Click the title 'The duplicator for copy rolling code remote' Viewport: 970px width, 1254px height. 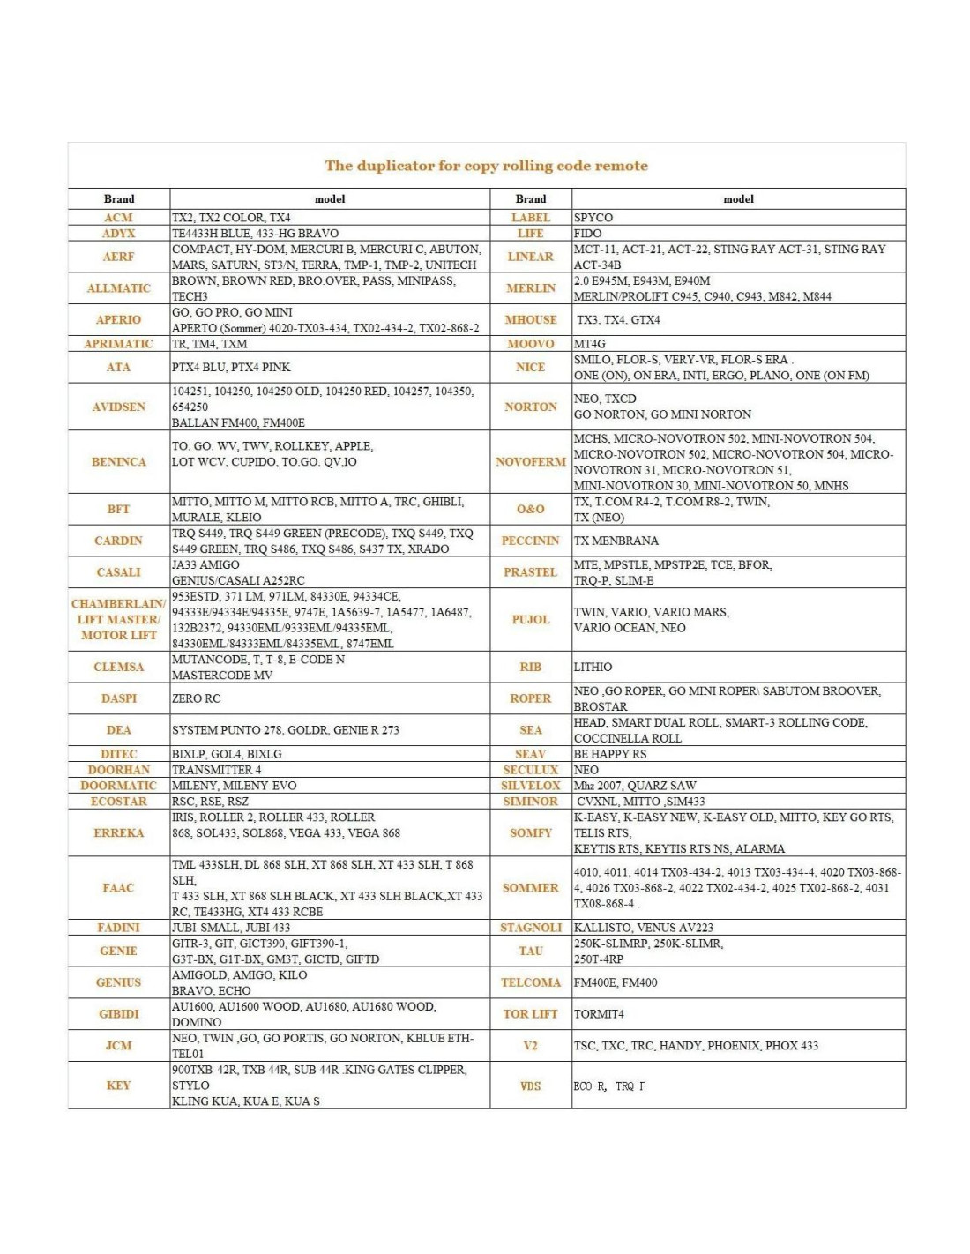coord(486,166)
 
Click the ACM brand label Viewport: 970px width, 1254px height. coord(118,218)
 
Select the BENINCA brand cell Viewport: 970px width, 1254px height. coord(118,461)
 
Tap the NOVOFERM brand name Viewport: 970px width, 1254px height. coord(530,461)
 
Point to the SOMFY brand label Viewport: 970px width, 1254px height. coord(530,832)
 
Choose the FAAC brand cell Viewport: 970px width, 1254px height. coord(118,887)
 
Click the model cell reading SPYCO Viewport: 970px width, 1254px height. coord(593,218)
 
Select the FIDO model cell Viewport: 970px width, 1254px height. coord(588,234)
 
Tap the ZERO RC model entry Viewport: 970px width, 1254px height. coord(197,698)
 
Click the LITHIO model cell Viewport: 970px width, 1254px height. coord(593,667)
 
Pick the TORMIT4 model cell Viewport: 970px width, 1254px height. coord(599,1014)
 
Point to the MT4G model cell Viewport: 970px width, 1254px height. coord(590,344)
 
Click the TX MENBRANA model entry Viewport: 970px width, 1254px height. coord(616,541)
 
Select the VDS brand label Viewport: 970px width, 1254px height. coord(530,1086)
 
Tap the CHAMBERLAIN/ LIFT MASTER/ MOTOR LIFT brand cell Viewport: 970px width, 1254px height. coord(118,619)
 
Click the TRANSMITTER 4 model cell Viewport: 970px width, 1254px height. coord(217,770)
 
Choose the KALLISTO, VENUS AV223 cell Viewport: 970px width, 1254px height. coord(644,928)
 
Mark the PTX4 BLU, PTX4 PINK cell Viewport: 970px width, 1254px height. coord(231,367)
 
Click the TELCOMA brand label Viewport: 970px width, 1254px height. coord(530,982)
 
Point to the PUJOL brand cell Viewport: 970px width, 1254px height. coord(530,619)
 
